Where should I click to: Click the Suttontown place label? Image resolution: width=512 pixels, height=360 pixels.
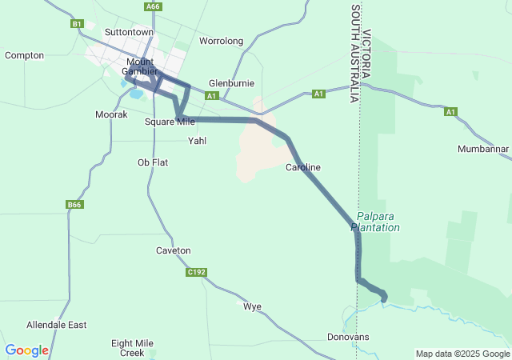[129, 32]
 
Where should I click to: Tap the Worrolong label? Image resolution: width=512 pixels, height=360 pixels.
[221, 41]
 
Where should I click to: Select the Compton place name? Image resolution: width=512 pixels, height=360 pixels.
[24, 55]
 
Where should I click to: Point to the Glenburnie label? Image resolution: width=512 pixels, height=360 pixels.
[231, 83]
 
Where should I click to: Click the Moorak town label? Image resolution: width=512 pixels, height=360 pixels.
[111, 115]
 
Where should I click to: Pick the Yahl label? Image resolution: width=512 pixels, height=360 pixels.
[197, 141]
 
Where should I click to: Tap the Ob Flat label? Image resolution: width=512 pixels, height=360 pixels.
[153, 162]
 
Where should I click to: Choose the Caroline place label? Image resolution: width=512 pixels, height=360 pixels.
[303, 167]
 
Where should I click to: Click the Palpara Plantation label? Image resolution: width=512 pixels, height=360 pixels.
[378, 222]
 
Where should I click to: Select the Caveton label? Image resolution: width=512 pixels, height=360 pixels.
[174, 250]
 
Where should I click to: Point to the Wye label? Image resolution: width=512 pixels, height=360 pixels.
[252, 306]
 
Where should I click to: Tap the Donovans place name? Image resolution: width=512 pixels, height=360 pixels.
[349, 337]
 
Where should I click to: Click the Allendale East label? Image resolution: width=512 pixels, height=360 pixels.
[56, 326]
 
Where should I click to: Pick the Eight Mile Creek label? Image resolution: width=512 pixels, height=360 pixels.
[132, 347]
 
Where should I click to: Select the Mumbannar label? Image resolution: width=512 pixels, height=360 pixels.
[483, 150]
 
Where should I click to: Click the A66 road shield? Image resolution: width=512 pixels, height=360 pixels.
[154, 6]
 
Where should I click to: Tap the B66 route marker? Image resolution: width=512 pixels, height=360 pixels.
[74, 205]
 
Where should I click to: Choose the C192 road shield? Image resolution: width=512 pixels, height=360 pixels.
[197, 273]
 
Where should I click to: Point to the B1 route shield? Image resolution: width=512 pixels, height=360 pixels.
[77, 24]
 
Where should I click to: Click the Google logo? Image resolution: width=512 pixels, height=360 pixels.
[26, 350]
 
